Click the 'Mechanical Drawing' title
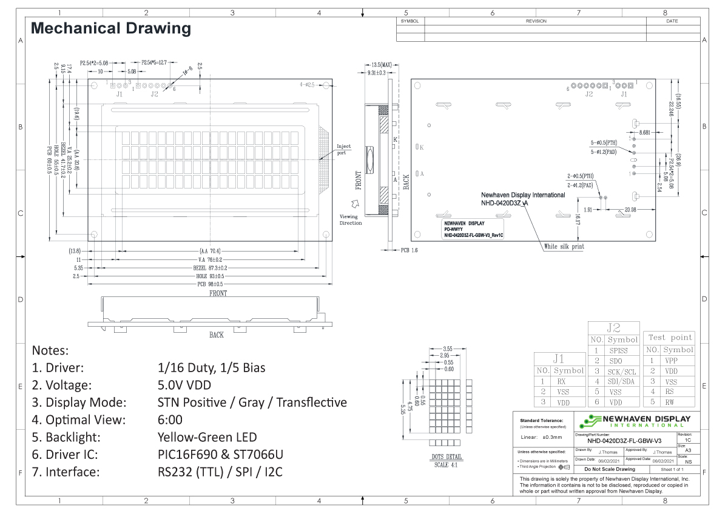tap(110, 28)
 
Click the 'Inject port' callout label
tap(344, 150)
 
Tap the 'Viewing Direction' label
tap(351, 219)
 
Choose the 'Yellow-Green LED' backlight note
tap(207, 436)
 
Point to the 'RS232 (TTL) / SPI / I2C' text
tap(220, 472)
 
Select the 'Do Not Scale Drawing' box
tap(608, 469)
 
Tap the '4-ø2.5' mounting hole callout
tap(308, 85)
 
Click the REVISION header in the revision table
tap(536, 21)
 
